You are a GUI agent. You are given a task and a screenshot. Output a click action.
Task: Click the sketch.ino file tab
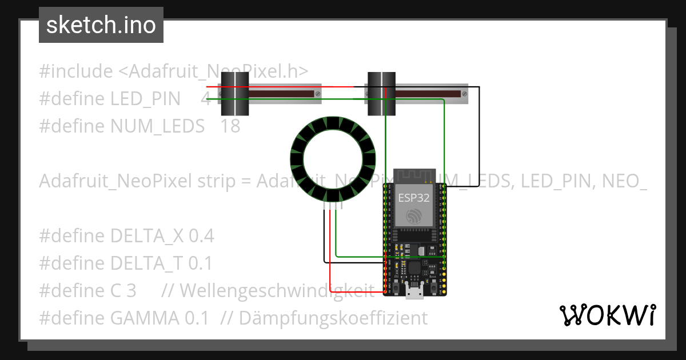(101, 25)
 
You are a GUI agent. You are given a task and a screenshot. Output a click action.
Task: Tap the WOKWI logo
(607, 315)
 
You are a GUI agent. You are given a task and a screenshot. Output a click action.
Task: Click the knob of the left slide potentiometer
(234, 94)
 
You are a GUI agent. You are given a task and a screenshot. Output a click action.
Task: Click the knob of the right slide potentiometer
(381, 94)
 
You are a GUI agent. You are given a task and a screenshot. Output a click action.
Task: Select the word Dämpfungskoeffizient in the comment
(333, 318)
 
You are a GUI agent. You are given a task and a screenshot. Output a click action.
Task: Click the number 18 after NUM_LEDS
(230, 126)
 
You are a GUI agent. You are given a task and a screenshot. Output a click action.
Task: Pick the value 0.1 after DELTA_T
(200, 263)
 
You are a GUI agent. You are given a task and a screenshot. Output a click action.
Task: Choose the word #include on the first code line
(76, 71)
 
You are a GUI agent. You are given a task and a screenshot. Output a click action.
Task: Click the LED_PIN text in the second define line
(145, 98)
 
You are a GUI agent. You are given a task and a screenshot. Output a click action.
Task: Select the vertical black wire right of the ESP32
(479, 137)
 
